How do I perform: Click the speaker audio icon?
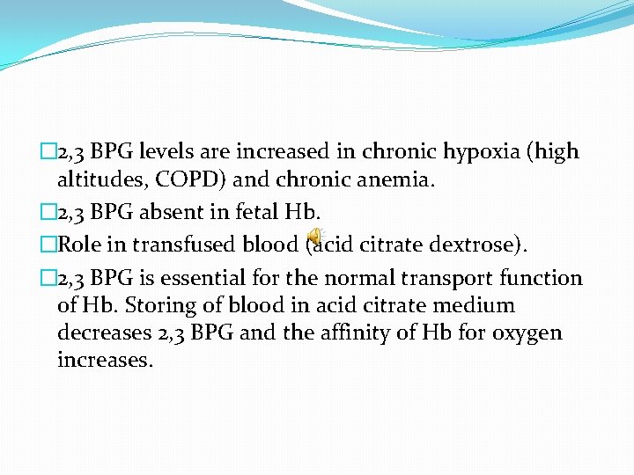314,238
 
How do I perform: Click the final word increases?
103,361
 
